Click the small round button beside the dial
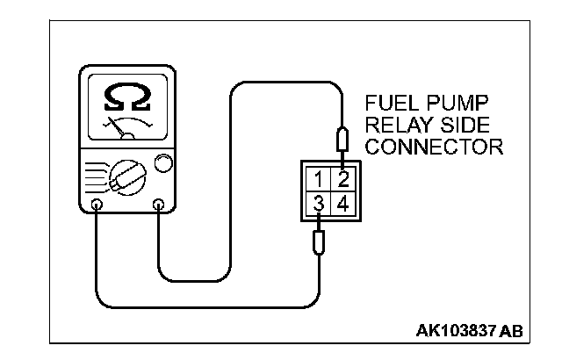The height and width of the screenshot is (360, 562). (x=162, y=164)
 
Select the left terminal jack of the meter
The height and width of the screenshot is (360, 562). (x=97, y=205)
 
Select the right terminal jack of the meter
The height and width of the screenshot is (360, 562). (x=159, y=205)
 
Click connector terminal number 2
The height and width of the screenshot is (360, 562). (x=343, y=181)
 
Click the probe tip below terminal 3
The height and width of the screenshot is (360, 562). (x=320, y=240)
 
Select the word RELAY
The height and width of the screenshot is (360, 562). (x=394, y=124)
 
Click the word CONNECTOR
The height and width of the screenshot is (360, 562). (x=433, y=145)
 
